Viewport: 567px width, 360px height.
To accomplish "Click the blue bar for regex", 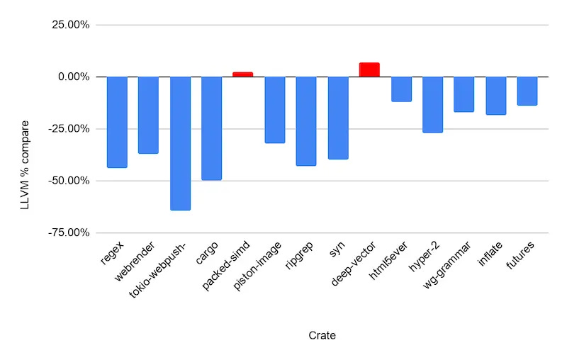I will click(117, 122).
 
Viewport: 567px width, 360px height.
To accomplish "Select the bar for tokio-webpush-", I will click(180, 143).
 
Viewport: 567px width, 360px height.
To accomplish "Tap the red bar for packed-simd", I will click(243, 74).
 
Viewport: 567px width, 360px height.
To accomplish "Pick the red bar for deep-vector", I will click(369, 69).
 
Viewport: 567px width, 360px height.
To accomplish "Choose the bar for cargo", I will click(211, 128).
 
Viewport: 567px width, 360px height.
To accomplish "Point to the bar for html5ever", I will click(401, 89).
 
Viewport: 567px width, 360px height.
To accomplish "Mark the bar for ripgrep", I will click(306, 121).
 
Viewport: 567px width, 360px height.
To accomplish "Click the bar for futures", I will click(527, 91).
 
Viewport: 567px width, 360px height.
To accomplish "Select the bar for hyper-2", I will click(432, 104).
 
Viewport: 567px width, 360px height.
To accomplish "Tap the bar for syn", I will click(338, 118).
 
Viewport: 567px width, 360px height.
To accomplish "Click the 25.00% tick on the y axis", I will click(69, 25).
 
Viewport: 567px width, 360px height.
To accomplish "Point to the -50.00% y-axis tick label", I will click(68, 181).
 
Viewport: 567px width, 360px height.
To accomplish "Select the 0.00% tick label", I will click(72, 77).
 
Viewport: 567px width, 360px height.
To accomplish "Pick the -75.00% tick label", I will click(68, 232).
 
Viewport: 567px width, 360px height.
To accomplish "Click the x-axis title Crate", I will click(322, 335).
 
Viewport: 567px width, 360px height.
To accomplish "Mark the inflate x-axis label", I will click(490, 254).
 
